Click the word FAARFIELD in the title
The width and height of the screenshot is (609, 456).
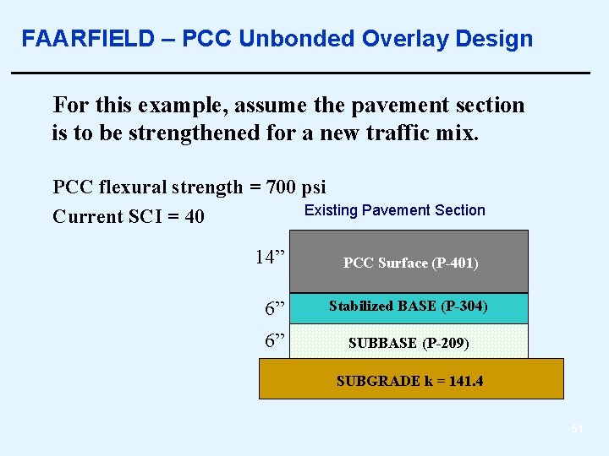[88, 39]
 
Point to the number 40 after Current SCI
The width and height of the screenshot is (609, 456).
[194, 217]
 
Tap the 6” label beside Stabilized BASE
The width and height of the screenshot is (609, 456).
[275, 309]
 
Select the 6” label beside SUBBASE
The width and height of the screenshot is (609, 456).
[275, 340]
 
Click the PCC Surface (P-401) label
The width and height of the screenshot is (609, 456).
[410, 263]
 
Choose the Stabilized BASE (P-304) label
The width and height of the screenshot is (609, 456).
[408, 306]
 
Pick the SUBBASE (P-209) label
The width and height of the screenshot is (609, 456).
[409, 344]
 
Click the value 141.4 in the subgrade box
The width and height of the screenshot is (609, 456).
[466, 381]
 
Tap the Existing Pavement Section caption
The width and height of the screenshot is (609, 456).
[394, 210]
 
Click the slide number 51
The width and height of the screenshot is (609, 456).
[577, 429]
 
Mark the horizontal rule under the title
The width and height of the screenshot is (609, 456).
[300, 74]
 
